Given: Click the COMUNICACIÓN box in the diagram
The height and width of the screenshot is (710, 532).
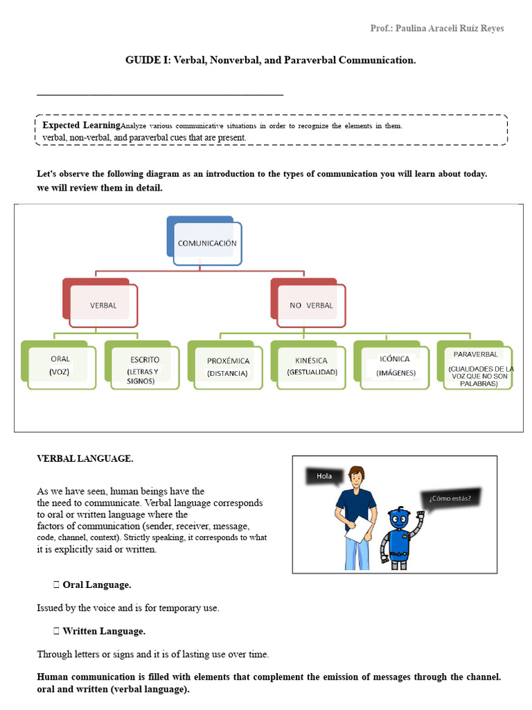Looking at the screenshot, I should pos(207,243).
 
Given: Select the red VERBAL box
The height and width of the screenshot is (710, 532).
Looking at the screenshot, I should pos(103,305).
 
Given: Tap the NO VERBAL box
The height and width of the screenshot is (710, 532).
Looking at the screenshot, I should pos(311,305).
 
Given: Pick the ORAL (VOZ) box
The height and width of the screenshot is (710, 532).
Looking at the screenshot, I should pos(60,365).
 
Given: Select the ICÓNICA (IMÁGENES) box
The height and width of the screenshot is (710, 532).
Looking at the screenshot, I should pos(395,365).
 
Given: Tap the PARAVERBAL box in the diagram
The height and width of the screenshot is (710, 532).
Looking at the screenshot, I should pos(477,367).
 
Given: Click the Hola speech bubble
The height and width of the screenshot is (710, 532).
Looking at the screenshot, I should pos(324,476).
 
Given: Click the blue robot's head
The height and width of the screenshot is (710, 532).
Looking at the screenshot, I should pos(399,519).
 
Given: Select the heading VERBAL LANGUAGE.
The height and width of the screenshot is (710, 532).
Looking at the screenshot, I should pos(85,458).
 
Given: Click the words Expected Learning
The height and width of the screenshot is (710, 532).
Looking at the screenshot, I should pos(81,125).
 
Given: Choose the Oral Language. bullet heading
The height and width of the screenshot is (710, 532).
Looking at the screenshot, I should pos(96,585).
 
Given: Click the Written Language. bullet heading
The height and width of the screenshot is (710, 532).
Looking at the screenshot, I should pos(103,631).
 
